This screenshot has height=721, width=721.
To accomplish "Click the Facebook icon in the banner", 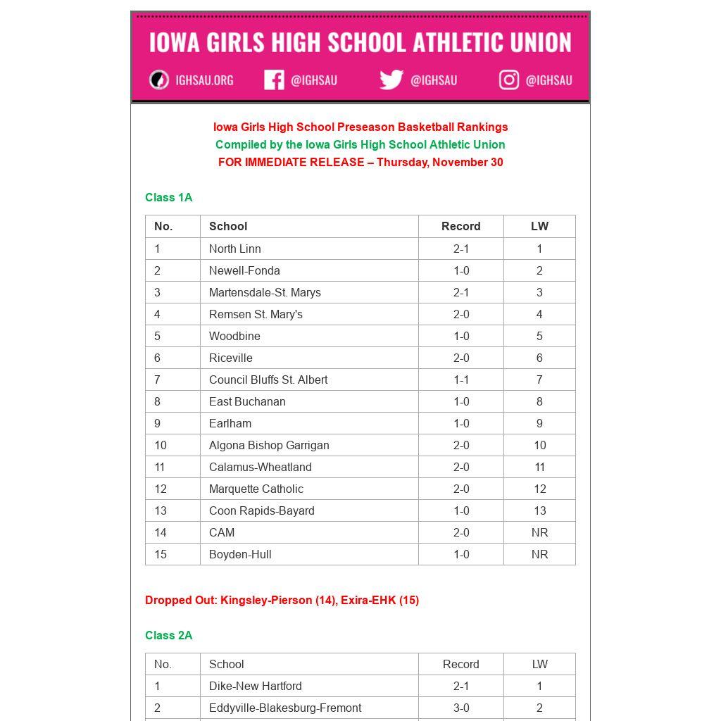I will pos(274,80).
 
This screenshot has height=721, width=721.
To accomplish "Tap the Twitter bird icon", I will pos(391,80).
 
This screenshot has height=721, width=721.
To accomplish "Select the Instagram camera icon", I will pos(509,80).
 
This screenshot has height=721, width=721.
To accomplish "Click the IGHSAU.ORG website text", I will pos(204,80).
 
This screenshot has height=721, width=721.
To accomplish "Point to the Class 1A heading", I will pos(169,198).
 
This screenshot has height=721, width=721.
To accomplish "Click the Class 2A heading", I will pos(169,636).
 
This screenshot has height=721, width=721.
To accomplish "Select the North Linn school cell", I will pos(235,249).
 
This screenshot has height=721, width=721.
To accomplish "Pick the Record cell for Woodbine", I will pos(461,336).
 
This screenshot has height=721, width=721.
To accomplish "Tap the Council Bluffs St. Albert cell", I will pos(268,380).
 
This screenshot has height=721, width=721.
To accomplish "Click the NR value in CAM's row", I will pos(539,532).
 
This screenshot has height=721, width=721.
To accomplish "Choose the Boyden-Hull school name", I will pos(240,554).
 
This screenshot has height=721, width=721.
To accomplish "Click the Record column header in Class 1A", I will pos(461,226).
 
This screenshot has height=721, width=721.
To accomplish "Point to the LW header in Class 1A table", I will pos(539,226).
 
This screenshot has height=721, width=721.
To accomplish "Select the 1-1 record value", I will pos(461,380).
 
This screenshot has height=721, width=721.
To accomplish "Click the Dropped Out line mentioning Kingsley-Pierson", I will pos(282,601).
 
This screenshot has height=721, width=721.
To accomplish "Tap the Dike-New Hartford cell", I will pos(256,686).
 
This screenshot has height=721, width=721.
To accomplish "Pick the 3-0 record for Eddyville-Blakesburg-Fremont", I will pos(461,708).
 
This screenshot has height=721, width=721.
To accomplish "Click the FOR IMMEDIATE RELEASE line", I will pos(360,163).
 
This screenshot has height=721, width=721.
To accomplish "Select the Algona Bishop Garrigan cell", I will pos(269,445).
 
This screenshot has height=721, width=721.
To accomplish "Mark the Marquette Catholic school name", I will pos(256,489).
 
